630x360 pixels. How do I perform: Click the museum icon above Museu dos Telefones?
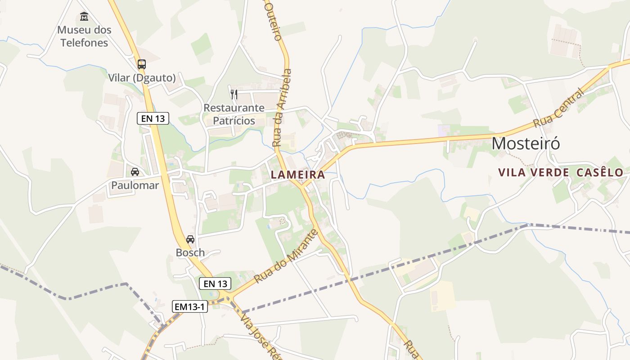click(84, 17)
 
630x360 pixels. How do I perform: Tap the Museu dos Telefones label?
click(84, 36)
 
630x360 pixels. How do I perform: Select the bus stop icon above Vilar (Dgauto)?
click(142, 64)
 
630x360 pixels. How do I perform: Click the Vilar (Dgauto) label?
click(142, 78)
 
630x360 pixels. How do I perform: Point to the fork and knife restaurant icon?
click(234, 94)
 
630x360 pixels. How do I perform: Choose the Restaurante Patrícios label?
click(234, 114)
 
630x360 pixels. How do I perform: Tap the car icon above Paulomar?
click(135, 171)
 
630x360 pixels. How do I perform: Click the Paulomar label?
click(135, 185)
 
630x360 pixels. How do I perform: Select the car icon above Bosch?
click(190, 239)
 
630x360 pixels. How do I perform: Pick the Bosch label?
click(190, 252)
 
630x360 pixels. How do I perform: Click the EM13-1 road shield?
click(190, 307)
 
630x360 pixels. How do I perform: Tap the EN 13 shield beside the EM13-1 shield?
click(215, 283)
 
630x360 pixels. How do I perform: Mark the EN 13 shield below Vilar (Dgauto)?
click(153, 118)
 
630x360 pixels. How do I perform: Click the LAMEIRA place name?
click(297, 175)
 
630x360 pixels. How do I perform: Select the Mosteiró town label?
click(526, 143)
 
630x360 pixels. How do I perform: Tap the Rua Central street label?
click(558, 108)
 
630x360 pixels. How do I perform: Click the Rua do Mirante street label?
click(286, 257)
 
